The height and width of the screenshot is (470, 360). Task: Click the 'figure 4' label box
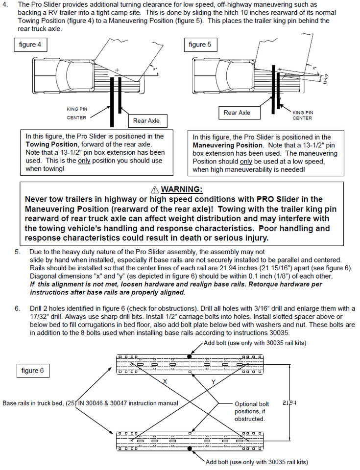pos(30,45)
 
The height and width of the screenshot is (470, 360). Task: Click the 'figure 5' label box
pos(200,45)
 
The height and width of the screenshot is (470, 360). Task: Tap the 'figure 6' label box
pos(33,371)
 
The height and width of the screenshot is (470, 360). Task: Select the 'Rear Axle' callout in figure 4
pos(146,121)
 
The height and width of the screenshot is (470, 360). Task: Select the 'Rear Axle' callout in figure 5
pos(237,113)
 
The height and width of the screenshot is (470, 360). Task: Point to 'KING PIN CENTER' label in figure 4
pos(77,113)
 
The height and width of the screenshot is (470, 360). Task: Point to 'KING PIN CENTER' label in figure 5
pos(302,116)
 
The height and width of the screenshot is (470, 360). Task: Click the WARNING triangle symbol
pos(154,189)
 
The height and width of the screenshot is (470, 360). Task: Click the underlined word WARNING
pos(182,189)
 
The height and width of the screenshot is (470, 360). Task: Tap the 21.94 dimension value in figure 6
pos(289,403)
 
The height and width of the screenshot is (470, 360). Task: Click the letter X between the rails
pos(165,381)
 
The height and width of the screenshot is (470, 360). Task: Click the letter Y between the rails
pos(213,382)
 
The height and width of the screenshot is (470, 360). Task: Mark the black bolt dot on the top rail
pos(189,356)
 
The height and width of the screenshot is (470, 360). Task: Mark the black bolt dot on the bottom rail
pos(189,448)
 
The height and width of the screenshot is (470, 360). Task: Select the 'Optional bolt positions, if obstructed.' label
pos(252,412)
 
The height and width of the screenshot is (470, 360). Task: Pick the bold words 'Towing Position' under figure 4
pos(51,144)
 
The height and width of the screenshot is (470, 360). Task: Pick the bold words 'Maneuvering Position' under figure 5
pos(228,145)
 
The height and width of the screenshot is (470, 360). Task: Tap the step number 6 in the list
pos(18,308)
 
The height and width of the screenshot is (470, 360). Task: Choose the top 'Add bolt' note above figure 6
pos(255,343)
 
